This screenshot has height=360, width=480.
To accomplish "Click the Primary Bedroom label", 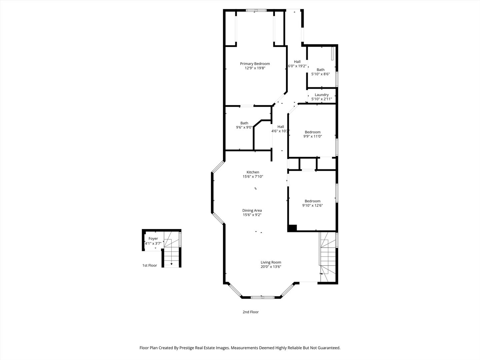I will click(x=255, y=64).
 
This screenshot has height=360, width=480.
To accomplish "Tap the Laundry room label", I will click(x=322, y=95).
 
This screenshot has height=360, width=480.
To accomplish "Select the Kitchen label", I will click(x=253, y=172).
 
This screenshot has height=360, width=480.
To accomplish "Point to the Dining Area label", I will click(x=252, y=210).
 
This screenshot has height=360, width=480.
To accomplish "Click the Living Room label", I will click(x=271, y=262).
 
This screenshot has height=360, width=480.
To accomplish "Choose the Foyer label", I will click(x=153, y=239).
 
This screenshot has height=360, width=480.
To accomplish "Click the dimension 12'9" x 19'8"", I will click(x=255, y=68).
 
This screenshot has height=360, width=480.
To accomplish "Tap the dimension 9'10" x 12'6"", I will click(x=312, y=206).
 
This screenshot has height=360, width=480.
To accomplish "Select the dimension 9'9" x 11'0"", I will click(x=312, y=136).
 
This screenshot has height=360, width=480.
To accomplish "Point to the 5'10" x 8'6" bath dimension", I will click(x=320, y=74).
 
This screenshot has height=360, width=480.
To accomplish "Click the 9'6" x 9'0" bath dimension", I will click(x=244, y=127).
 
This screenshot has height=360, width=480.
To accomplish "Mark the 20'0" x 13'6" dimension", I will click(x=271, y=267).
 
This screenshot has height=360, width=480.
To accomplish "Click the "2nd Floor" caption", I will click(x=250, y=312).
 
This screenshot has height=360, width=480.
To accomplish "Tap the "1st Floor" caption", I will click(x=150, y=266).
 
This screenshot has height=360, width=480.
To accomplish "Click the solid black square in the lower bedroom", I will click(x=292, y=228).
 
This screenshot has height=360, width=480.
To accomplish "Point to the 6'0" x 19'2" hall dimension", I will click(x=297, y=66).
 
